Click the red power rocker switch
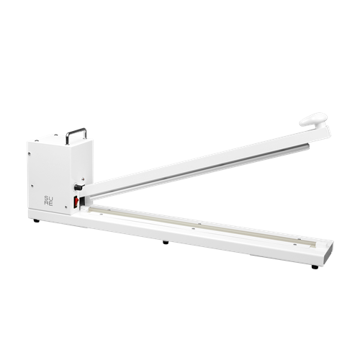point(76,201)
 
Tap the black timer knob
point(78,187)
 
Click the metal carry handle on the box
point(76,135)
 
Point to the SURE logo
point(48,201)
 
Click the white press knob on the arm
point(313,120)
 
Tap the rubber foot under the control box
point(37,220)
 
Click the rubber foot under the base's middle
point(166,242)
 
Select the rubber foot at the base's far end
point(315,267)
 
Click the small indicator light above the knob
point(83,179)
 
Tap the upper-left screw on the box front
point(30,153)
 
